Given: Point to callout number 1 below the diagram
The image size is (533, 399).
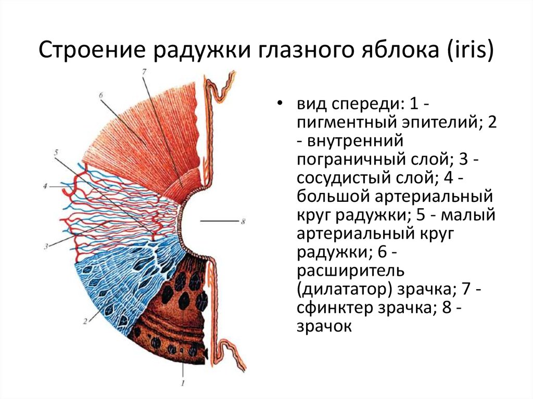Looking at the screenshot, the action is (183, 383).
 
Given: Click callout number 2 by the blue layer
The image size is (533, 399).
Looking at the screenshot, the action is (85, 320).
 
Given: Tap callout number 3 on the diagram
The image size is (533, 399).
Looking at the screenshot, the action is (46, 246).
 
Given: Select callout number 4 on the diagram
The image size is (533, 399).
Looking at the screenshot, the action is (45, 186).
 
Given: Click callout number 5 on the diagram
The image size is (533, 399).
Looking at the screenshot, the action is (56, 152).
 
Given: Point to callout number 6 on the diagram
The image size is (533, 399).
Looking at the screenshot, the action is (101, 96).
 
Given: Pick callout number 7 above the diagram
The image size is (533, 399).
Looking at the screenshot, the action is (144, 72).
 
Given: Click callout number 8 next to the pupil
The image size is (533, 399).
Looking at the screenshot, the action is (243, 222).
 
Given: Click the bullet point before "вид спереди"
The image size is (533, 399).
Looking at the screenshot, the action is (280, 104).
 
